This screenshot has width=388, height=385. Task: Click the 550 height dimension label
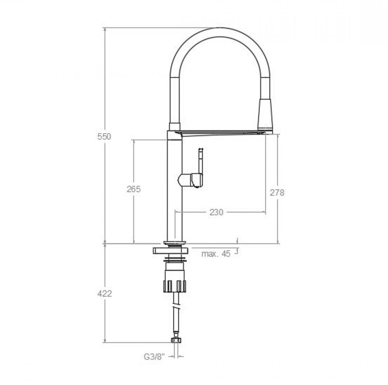104,136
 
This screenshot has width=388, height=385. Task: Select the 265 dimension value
134,189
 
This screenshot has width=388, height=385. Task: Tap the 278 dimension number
277,192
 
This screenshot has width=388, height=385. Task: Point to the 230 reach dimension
216,212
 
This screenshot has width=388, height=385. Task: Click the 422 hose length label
104,293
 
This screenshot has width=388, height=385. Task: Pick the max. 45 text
216,254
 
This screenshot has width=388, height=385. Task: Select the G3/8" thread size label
154,357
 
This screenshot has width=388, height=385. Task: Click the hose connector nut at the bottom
176,340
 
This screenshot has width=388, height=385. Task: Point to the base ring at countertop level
174,243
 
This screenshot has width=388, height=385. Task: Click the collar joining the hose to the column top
174,126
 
